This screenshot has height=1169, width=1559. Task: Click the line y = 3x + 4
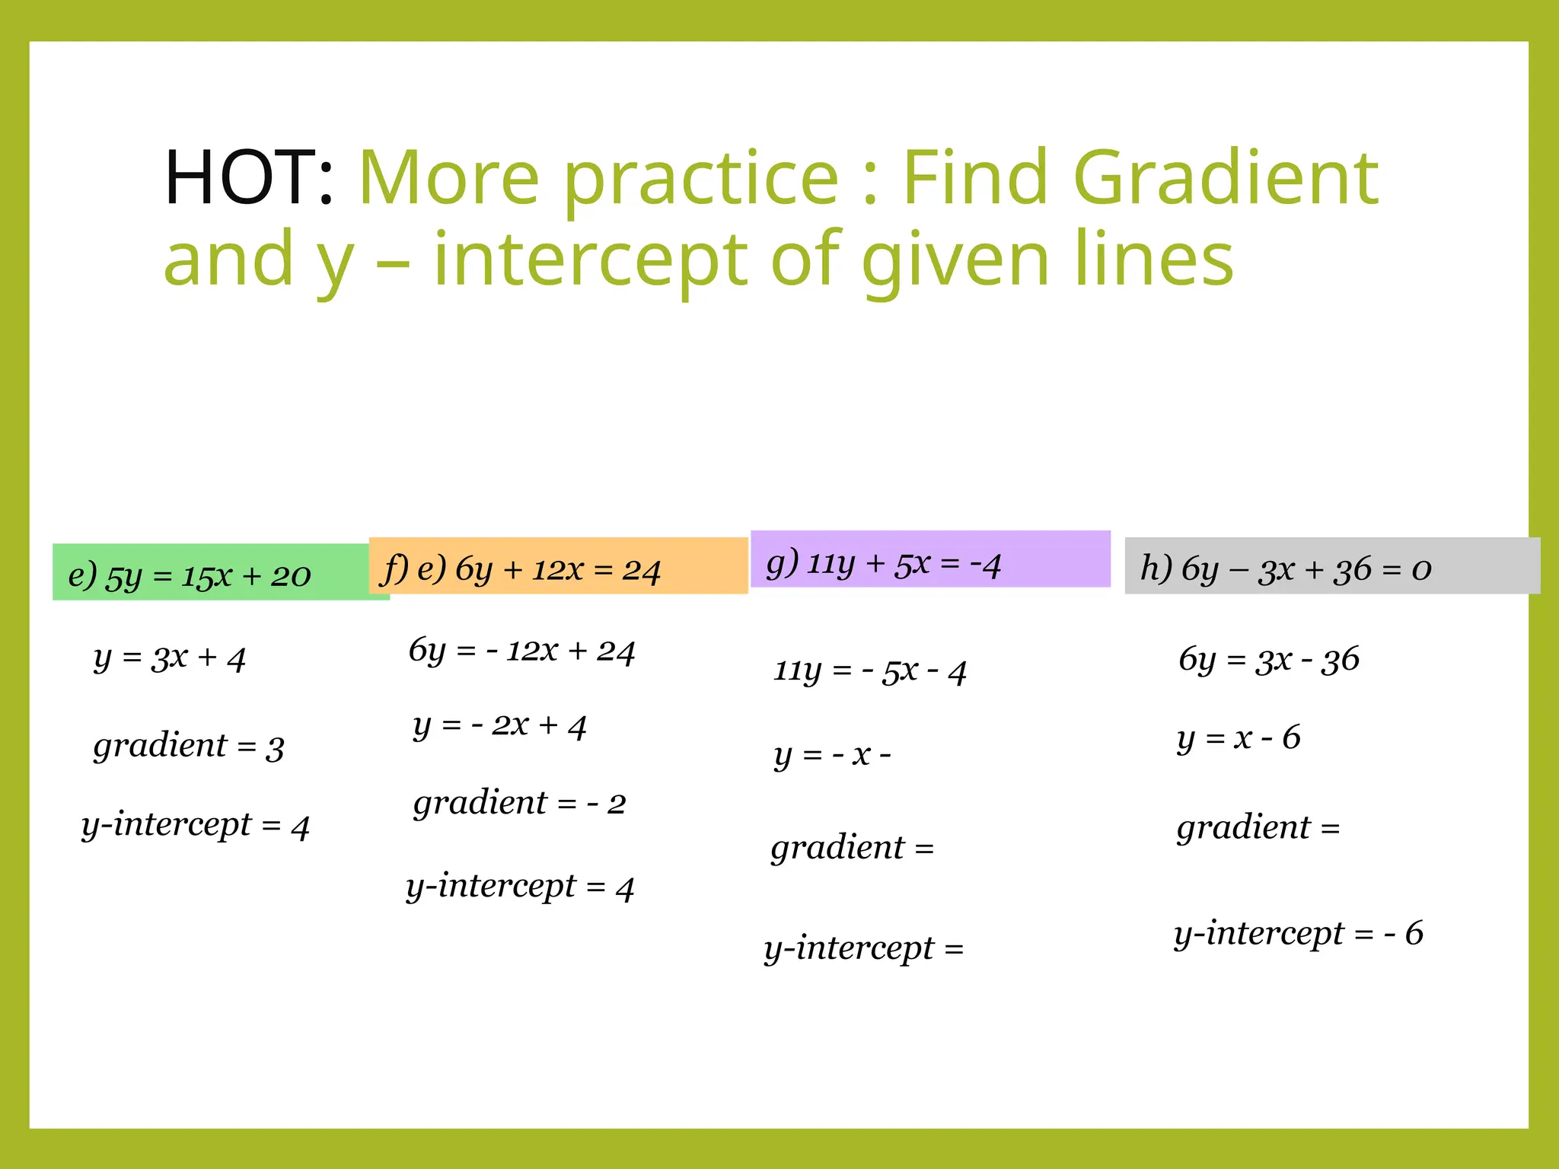(169, 657)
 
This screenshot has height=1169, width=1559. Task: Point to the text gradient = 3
(189, 746)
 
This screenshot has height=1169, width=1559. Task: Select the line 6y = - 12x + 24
(521, 650)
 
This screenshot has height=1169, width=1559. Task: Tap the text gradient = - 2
(519, 803)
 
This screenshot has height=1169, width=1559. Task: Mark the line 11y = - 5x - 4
(869, 671)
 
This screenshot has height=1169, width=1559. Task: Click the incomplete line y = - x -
(832, 754)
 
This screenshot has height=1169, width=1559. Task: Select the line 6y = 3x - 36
(1268, 659)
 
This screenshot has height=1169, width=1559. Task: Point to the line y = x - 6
(1239, 737)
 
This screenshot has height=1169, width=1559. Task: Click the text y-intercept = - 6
(1298, 933)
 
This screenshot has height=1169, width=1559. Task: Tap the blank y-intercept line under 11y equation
(864, 948)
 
